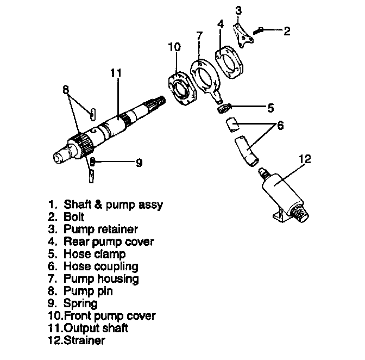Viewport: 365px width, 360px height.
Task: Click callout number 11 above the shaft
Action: [x=117, y=72]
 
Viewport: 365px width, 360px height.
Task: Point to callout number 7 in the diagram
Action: [x=199, y=36]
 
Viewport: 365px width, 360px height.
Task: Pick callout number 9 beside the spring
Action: [x=139, y=162]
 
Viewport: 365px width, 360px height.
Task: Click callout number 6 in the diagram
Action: [x=280, y=125]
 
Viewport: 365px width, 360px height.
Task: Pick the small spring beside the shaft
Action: [x=93, y=162]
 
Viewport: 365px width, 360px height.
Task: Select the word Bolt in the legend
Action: [x=74, y=217]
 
